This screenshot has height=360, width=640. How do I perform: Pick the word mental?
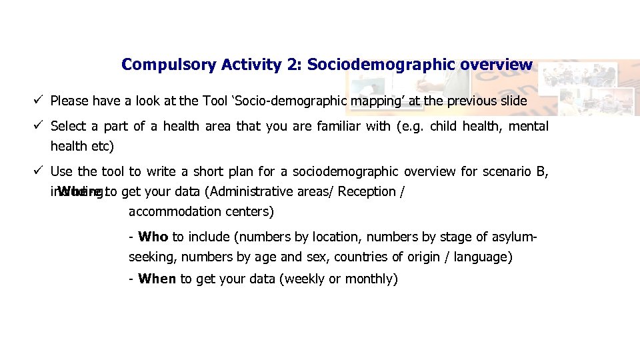point(528,127)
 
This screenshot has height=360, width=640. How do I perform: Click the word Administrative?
point(254,192)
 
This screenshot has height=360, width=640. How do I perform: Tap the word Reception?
point(367,192)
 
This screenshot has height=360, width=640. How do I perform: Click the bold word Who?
point(153,237)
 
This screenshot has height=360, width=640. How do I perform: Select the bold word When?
point(157,279)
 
